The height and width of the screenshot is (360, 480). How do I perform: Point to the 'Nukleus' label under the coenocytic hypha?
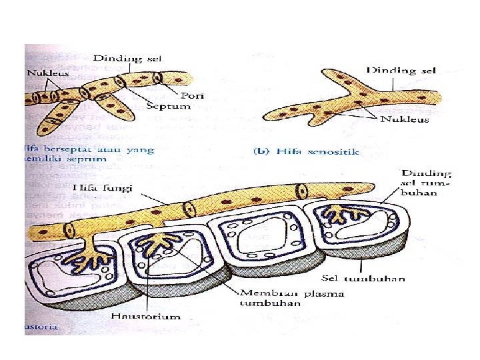click(x=403, y=121)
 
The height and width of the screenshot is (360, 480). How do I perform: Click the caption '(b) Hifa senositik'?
click(x=307, y=151)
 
